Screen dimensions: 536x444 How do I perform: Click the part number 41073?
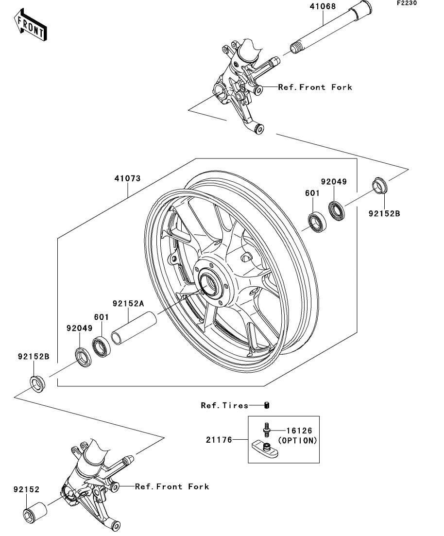click(127, 178)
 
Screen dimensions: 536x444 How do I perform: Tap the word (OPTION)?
click(297, 441)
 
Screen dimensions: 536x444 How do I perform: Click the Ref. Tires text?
click(224, 405)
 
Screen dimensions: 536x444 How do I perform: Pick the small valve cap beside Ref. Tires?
click(266, 405)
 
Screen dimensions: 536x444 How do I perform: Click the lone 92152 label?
click(26, 490)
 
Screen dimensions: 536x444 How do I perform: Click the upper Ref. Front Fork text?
click(322, 87)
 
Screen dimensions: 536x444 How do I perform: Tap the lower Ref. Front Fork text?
click(172, 486)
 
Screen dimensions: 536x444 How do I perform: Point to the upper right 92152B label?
click(384, 213)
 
